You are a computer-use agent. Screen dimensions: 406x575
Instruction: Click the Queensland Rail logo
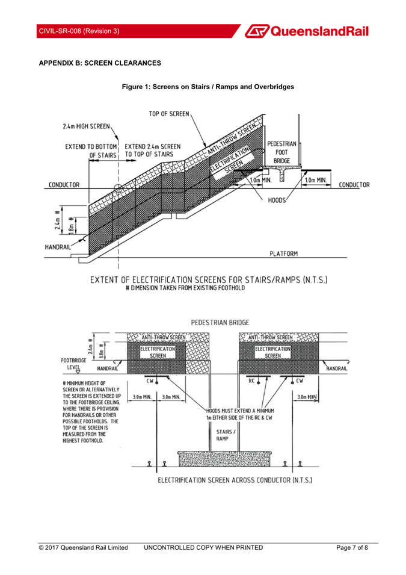point(307,31)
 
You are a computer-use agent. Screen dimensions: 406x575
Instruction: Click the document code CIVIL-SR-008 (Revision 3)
point(79,31)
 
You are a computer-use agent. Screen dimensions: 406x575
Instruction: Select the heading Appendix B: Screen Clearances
point(100,63)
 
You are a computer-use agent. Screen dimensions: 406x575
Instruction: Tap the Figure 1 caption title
point(208,87)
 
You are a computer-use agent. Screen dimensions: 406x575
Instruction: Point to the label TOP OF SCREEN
point(169,114)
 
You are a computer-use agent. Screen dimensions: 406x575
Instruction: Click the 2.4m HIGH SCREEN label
point(86,126)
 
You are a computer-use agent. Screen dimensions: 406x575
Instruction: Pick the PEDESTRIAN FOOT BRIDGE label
point(281,152)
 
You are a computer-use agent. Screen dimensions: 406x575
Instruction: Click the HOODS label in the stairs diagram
point(277,200)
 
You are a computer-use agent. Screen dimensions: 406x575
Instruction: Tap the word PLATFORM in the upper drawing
point(284,253)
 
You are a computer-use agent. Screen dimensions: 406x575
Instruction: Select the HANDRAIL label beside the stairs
point(58,247)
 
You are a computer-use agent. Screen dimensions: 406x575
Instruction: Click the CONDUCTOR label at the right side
point(354,185)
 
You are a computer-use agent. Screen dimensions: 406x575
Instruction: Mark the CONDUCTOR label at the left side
point(64,185)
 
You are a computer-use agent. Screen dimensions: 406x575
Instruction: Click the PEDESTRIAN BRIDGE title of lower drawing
point(220,323)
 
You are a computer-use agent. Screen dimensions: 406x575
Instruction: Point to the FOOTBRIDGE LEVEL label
point(73,364)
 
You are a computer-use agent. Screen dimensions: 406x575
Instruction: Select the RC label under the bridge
point(251,381)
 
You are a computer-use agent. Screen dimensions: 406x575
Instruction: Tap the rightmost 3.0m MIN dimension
point(307,397)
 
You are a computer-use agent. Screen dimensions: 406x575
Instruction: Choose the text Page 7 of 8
point(352,547)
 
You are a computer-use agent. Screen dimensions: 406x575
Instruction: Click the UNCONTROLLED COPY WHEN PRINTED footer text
point(203,547)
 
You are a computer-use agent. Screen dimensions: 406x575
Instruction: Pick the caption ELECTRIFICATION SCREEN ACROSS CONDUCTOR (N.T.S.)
point(235,480)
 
